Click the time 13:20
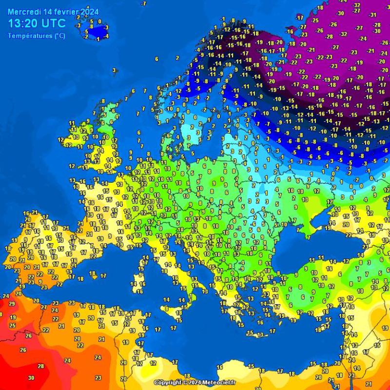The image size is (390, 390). coord(25,23)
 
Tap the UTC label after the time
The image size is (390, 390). coord(55,23)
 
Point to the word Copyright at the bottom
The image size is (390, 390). coord(169,383)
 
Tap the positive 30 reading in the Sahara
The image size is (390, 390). coord(31,378)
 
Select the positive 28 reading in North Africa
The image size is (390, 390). coord(41,366)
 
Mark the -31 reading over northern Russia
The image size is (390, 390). coord(373,15)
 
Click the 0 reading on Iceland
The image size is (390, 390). coord(99,21)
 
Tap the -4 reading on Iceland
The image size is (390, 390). coord(106,36)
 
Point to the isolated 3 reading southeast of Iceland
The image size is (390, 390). coord(115,70)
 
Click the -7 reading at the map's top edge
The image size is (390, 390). coord(143,3)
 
